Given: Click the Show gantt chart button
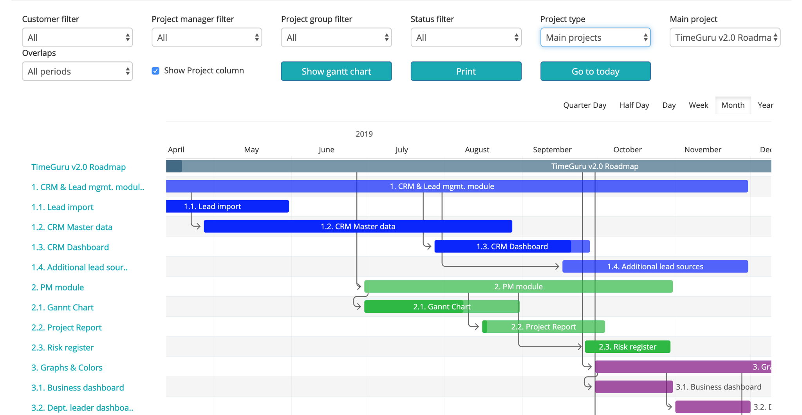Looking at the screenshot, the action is click(336, 71).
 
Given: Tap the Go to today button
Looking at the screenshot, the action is click(595, 71).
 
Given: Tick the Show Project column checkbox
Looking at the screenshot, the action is click(155, 71).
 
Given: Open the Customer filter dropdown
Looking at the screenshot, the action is click(78, 38).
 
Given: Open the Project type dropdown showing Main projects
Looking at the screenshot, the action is click(595, 38).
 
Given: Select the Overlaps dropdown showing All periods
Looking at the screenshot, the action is click(78, 71).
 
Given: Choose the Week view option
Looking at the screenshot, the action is click(698, 105).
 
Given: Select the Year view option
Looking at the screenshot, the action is click(765, 105).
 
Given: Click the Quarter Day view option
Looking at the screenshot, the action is click(585, 105).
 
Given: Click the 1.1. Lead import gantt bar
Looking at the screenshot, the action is click(228, 206).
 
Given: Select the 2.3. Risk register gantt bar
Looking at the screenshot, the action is click(627, 347).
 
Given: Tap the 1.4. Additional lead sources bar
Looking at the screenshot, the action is click(655, 267).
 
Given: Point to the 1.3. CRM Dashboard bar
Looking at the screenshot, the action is click(512, 247).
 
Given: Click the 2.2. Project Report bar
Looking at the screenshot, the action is click(544, 327).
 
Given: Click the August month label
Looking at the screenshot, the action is click(477, 150).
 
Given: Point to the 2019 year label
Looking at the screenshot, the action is click(364, 134).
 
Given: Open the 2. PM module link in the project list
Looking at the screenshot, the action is click(58, 287).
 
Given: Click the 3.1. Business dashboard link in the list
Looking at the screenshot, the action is click(78, 388).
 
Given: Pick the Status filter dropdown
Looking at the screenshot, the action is click(466, 38).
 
